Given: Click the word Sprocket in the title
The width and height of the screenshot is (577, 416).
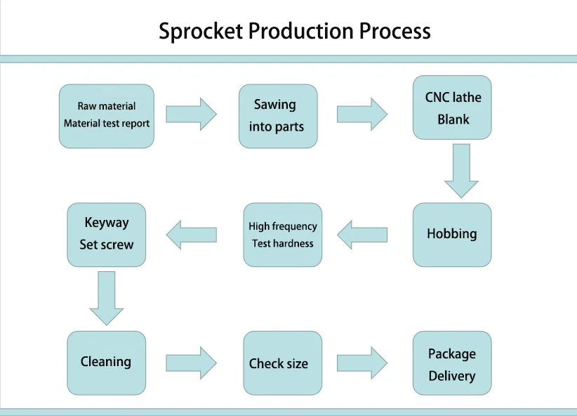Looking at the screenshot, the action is click(201, 32).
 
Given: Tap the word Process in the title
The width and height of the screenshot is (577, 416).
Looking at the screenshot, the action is click(395, 31).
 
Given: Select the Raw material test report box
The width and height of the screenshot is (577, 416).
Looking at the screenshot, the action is click(107, 116).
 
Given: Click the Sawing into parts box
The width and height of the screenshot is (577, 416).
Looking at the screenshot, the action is click(278, 116).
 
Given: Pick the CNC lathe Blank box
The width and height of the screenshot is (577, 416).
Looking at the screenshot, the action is click(452, 108).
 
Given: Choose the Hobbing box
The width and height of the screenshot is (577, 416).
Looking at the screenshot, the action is click(452, 234).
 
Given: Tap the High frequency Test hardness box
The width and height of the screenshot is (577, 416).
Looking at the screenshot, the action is click(283, 234).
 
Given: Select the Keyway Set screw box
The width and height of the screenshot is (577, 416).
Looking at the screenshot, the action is click(107, 234).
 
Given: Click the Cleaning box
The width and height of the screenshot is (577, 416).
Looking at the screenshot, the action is click(107, 363).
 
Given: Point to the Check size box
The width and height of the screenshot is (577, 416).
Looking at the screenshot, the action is click(283, 363).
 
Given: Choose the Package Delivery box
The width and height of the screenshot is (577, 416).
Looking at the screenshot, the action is click(452, 363).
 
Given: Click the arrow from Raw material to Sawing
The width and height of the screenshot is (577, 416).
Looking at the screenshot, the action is click(192, 114).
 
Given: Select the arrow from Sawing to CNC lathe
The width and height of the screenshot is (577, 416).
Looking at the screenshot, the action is click(362, 114).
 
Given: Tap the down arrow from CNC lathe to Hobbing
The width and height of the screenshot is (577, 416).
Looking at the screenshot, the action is click(461, 171).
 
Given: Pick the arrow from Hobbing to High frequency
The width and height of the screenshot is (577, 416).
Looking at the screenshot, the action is click(362, 235).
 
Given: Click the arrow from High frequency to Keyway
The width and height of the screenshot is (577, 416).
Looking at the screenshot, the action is click(192, 235).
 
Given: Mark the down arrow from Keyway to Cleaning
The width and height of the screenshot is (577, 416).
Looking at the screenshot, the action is click(107, 298).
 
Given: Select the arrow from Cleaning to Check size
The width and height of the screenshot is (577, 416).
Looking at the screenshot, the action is click(192, 363).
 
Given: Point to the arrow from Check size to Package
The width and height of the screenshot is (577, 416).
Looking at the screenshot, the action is click(362, 363).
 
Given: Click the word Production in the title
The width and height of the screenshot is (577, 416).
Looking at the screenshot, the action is click(300, 31).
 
